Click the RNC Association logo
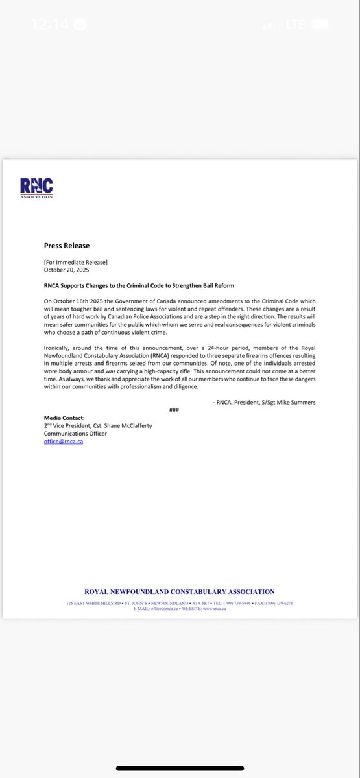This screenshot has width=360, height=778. [36, 189]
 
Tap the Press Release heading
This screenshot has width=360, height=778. [67, 246]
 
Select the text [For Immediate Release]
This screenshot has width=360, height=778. [76, 261]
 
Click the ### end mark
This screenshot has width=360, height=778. [174, 410]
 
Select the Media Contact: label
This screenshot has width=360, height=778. [64, 418]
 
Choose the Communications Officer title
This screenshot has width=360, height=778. [75, 434]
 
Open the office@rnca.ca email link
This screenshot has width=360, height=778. [63, 442]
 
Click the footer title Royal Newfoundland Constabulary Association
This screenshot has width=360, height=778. [180, 591]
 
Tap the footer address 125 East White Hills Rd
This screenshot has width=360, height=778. [93, 603]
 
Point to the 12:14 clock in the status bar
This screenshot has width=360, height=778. [51, 25]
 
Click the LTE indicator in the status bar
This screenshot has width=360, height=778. [296, 25]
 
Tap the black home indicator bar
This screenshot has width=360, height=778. [180, 768]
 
